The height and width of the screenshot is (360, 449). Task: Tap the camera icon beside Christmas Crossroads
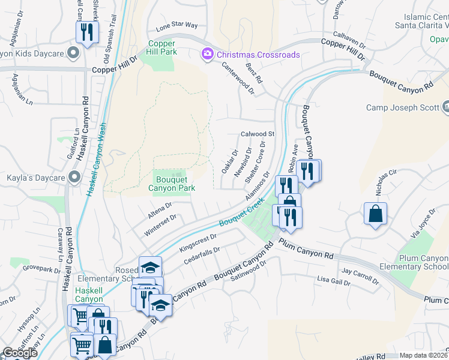click(208, 55)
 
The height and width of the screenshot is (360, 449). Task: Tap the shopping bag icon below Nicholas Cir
click(375, 214)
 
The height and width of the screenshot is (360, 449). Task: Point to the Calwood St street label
click(257, 134)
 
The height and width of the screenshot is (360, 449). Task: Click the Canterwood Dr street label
click(238, 80)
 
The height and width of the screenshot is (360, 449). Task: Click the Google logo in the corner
click(20, 353)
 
